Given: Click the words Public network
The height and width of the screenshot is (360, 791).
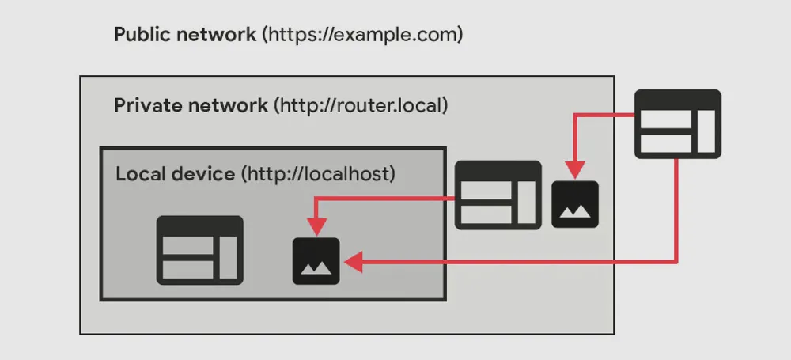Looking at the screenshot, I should (185, 35).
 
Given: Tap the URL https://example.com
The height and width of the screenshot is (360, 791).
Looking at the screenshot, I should (363, 35).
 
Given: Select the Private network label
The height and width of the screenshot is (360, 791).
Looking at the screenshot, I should (191, 105).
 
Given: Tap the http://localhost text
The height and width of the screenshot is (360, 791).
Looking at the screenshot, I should (318, 173).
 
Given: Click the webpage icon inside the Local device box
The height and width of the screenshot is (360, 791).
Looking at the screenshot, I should (199, 249).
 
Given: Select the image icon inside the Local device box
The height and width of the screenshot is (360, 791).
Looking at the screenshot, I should (316, 261).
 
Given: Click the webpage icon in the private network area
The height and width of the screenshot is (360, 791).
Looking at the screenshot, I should (498, 195).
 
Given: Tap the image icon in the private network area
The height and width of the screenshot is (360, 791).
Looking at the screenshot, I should (575, 204).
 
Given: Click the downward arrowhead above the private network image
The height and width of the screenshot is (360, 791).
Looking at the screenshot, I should (575, 169).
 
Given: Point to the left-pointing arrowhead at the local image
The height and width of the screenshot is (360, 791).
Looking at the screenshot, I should (353, 262).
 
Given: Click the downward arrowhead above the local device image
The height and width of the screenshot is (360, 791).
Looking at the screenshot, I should (316, 227).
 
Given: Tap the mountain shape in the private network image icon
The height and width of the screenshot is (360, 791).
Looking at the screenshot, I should (575, 211).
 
